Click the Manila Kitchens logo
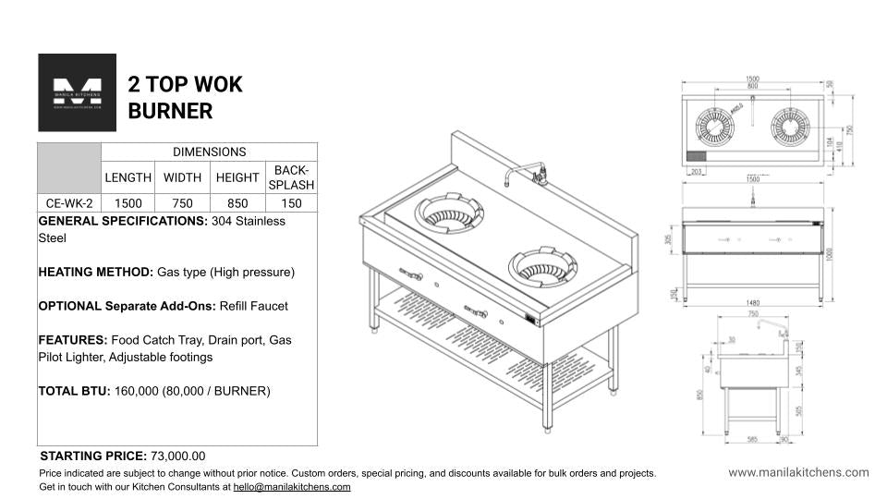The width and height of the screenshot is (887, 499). [77, 92]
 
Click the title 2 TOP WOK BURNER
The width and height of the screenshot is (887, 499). [185, 98]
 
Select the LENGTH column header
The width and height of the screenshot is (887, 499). [128, 177]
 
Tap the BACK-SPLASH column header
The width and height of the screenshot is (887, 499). [291, 177]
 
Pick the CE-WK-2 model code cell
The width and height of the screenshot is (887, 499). [69, 203]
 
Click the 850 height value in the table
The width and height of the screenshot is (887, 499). [237, 203]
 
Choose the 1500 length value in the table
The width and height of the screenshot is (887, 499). [128, 203]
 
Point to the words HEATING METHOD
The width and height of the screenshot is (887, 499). [95, 273]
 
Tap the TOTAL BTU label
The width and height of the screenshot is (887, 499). [74, 391]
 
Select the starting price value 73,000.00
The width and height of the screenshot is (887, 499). [177, 456]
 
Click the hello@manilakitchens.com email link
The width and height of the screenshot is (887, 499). [291, 486]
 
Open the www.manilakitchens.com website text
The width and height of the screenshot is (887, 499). [798, 472]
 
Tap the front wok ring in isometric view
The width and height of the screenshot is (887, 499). [541, 268]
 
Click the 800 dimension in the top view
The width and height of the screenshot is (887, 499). [753, 86]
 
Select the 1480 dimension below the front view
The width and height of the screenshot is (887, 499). [752, 302]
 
